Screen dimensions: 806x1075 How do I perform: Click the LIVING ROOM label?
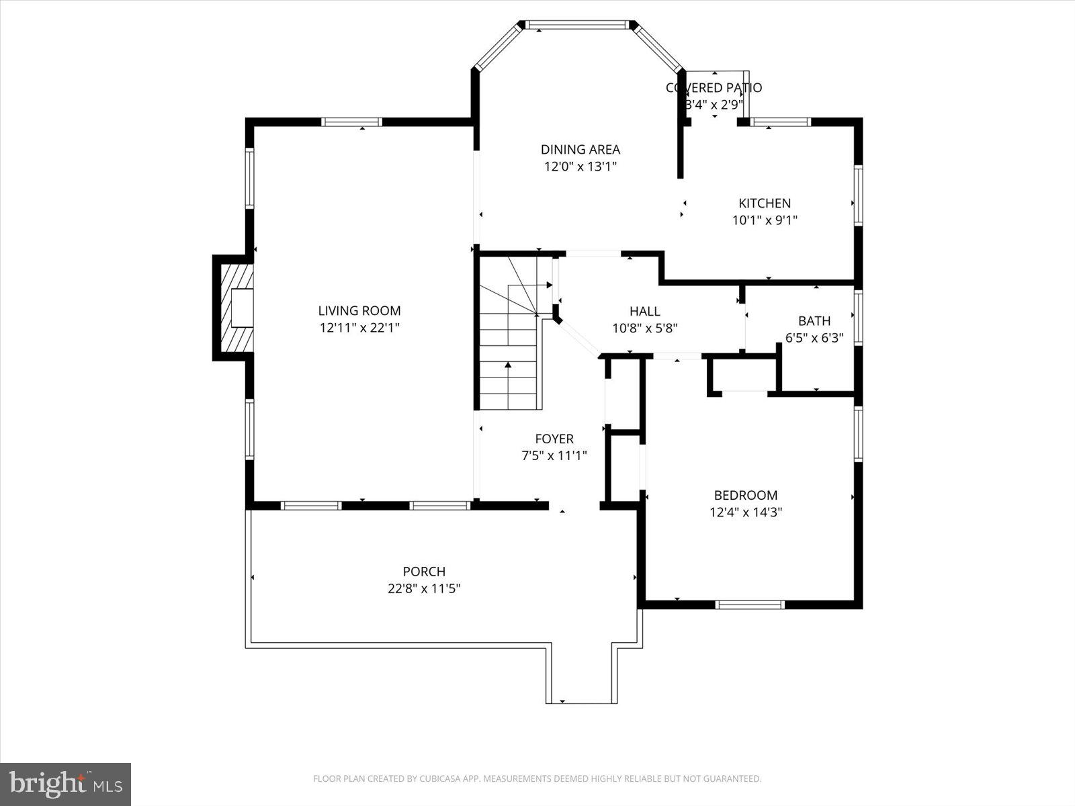coord(359,310)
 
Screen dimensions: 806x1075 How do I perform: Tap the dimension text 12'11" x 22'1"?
coord(359,328)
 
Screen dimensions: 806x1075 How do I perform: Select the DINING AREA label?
coord(580,149)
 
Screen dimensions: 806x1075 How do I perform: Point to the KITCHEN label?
coord(765,203)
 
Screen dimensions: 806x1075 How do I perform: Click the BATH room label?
coord(814,321)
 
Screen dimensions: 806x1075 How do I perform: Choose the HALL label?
coord(644,311)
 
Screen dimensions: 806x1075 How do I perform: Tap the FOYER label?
coord(554,439)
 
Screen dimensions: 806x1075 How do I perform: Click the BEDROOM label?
coord(746,495)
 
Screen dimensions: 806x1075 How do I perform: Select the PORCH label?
coord(424,572)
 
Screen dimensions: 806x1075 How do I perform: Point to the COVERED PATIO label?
coord(714,87)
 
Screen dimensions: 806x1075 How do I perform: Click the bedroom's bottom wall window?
coord(750,604)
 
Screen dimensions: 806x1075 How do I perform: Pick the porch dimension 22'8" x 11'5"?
coord(424,589)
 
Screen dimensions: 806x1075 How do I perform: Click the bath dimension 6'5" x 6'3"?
coord(814,338)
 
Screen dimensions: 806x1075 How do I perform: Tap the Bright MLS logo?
coord(66,783)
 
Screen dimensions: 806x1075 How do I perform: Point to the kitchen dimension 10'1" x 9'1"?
coord(765,220)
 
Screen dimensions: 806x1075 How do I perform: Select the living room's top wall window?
coord(351,122)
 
